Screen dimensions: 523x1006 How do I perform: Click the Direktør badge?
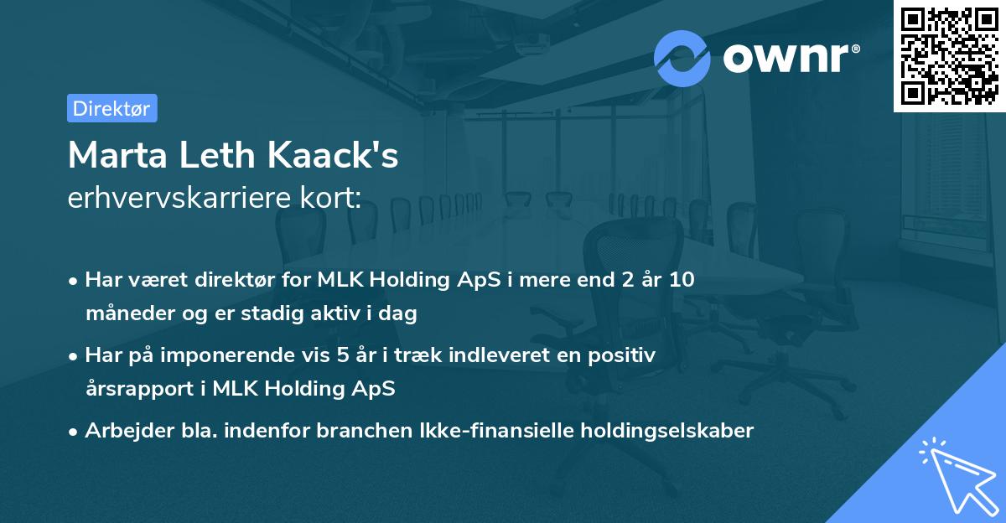[111, 108]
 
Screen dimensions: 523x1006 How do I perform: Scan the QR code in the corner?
[949, 55]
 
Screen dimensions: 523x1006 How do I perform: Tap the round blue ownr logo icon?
[682, 58]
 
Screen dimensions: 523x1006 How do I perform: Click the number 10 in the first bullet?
[682, 280]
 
